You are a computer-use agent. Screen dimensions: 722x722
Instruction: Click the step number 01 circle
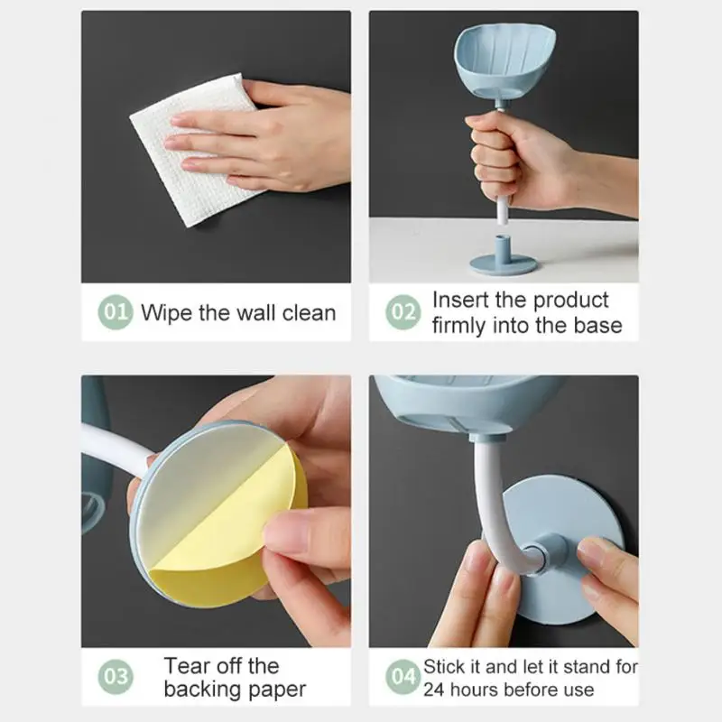pos(116,313)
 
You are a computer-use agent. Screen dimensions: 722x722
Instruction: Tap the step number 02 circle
pos(403,313)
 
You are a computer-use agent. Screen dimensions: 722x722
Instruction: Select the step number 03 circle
pos(116,677)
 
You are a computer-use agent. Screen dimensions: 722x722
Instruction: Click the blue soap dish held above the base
pos(494,64)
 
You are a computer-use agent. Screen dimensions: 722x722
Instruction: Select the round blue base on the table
pos(503,264)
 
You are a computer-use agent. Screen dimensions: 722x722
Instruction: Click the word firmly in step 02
pos(458,326)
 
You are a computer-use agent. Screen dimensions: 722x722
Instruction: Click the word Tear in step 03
pos(185,666)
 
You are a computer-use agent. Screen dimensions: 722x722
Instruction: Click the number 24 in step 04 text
pos(436,690)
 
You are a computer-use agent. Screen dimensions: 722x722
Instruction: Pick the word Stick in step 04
pos(445,668)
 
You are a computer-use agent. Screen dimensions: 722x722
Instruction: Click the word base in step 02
pos(598,326)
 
